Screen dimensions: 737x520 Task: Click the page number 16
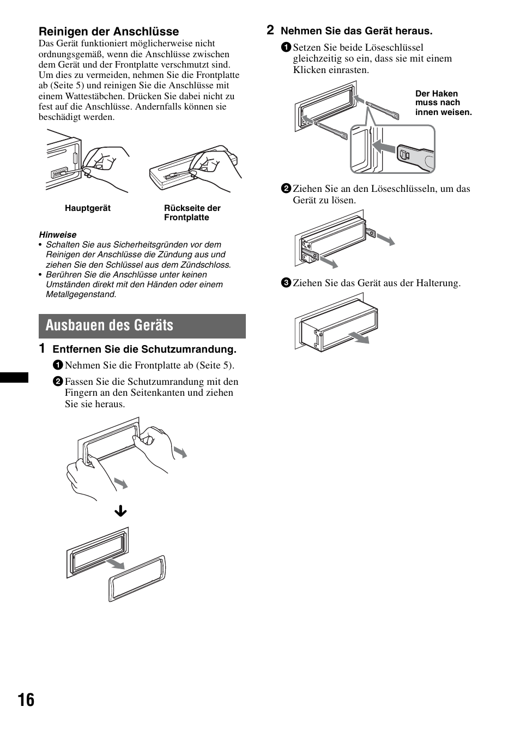click(x=26, y=700)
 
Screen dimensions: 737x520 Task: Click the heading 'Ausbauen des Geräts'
click(x=110, y=325)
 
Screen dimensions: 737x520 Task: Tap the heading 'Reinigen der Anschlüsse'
click(x=108, y=32)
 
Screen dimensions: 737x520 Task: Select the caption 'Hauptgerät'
click(x=88, y=208)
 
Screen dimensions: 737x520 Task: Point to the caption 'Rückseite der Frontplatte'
click(x=192, y=213)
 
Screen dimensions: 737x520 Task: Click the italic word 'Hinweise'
click(x=58, y=234)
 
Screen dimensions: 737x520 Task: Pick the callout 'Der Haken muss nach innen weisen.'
click(x=443, y=103)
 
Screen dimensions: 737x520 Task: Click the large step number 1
click(x=42, y=348)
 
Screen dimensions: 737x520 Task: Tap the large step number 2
click(x=270, y=30)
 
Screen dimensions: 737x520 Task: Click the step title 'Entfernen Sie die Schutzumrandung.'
click(x=144, y=349)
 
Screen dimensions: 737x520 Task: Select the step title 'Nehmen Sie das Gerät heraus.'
click(x=356, y=31)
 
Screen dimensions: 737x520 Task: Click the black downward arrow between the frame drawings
click(x=120, y=511)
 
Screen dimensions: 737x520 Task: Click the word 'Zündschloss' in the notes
click(x=204, y=265)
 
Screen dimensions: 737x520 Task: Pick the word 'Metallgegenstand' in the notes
click(x=80, y=294)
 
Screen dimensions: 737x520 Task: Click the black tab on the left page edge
click(x=14, y=377)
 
